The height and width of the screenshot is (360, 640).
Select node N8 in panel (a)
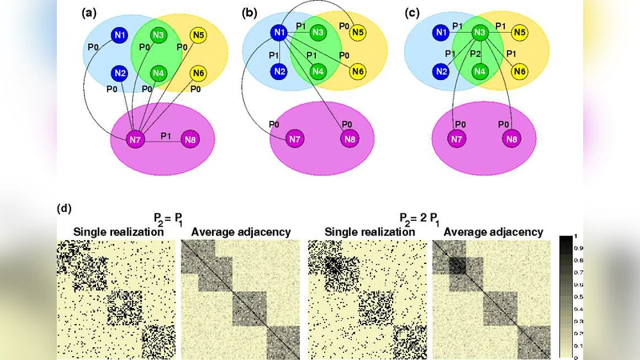[190, 140]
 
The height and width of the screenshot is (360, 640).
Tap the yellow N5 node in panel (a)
[198, 34]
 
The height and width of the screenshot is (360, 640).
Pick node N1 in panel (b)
[279, 33]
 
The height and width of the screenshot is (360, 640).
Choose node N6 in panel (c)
[520, 71]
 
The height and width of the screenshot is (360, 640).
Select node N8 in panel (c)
[510, 140]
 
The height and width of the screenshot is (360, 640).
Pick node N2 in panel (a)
[119, 74]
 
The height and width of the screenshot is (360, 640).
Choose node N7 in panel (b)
[294, 140]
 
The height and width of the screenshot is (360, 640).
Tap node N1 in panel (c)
[440, 33]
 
